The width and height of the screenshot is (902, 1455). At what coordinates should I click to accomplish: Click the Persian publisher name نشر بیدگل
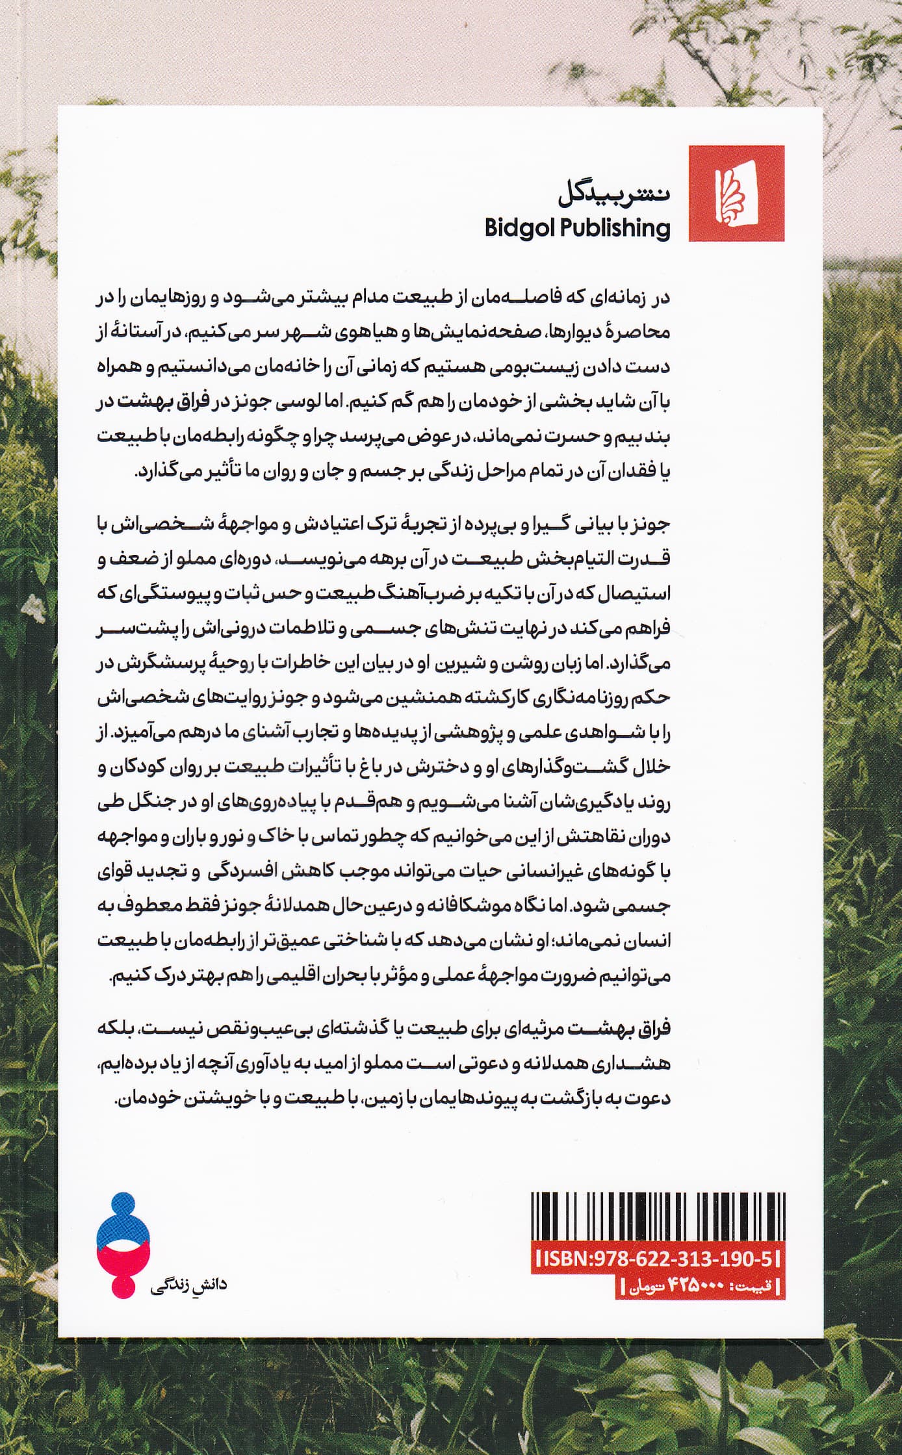pos(613,194)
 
